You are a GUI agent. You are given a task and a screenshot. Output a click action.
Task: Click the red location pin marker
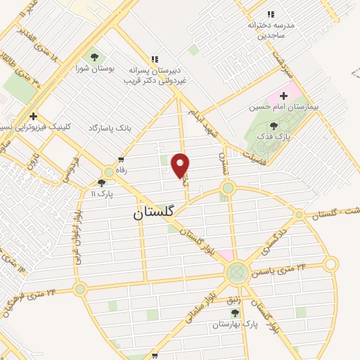pos(181,165)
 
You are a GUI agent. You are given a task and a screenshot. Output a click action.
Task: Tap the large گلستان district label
pos(158,212)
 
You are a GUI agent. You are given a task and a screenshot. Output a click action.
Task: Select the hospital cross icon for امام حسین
pos(284,96)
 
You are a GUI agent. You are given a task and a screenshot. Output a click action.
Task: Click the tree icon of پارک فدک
pos(274,126)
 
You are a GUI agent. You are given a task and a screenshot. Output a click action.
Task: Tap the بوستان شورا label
pos(94,69)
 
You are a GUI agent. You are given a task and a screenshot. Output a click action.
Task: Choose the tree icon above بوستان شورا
pos(94,56)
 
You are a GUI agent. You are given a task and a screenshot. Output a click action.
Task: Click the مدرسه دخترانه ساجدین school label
pos(269,29)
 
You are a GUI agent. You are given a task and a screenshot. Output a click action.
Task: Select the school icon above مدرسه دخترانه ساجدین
pos(271,14)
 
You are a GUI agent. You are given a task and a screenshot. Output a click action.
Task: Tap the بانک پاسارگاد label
pos(110,128)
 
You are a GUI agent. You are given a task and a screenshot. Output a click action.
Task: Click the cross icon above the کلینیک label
pos(32,116)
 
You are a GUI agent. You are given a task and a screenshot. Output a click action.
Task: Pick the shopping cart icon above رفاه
pos(122,160)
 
